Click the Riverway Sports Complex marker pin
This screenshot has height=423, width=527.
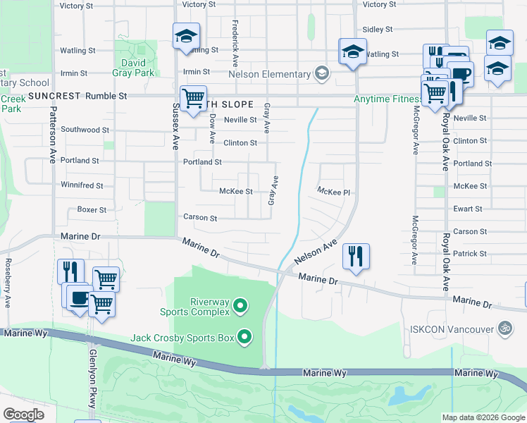point(240,305)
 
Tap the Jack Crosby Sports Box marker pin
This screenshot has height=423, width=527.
point(244,337)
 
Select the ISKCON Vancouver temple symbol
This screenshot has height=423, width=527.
point(504,329)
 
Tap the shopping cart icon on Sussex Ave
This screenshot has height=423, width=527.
point(192,99)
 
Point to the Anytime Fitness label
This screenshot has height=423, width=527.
point(386,99)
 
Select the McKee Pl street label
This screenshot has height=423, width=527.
point(333,191)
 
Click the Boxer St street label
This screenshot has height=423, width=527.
point(92,210)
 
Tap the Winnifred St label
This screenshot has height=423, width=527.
point(82,186)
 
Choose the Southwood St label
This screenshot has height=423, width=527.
point(85,130)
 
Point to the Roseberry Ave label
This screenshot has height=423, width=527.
point(8,282)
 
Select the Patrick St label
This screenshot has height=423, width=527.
point(470,254)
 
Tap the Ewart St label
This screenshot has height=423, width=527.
point(469,209)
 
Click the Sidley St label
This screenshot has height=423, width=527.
point(377,30)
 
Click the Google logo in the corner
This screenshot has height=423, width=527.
point(23,415)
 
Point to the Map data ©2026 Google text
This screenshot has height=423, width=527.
point(483,418)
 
